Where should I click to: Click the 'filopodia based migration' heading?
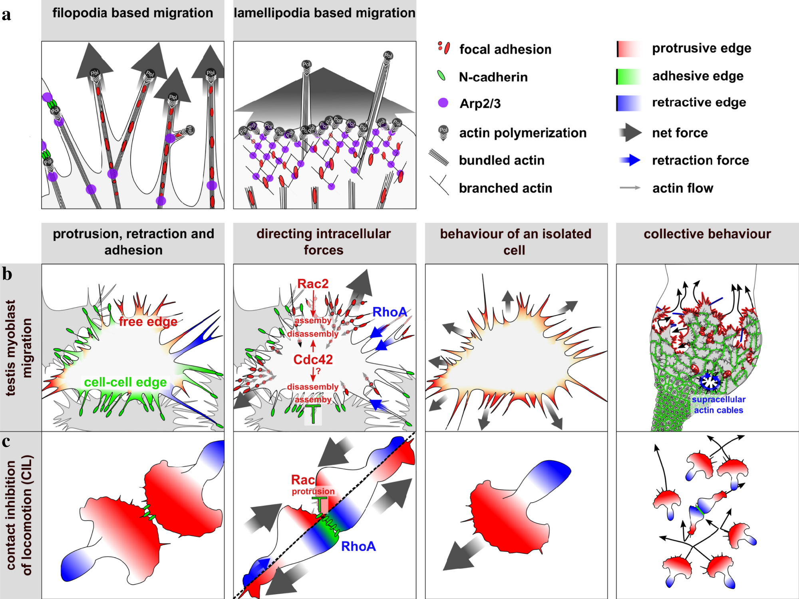click(x=133, y=13)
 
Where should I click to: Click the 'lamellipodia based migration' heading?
click(x=324, y=13)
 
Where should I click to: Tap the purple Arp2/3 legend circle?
click(x=443, y=103)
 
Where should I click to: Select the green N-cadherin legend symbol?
click(x=441, y=76)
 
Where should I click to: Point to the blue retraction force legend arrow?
click(x=630, y=160)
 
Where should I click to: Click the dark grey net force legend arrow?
click(x=630, y=132)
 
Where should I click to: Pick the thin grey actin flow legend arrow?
click(x=630, y=187)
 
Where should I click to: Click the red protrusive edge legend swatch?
click(x=629, y=49)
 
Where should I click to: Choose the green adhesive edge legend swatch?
click(x=629, y=76)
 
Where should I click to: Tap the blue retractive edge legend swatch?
click(x=629, y=103)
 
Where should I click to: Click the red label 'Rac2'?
click(x=313, y=284)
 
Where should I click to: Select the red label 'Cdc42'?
click(x=313, y=360)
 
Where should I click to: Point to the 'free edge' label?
click(x=148, y=322)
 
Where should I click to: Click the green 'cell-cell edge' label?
click(x=125, y=382)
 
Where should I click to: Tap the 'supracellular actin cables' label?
click(x=718, y=404)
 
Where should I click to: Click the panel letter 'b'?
click(x=7, y=275)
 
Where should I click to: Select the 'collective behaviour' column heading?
click(x=707, y=234)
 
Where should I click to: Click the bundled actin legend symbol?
click(x=439, y=158)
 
